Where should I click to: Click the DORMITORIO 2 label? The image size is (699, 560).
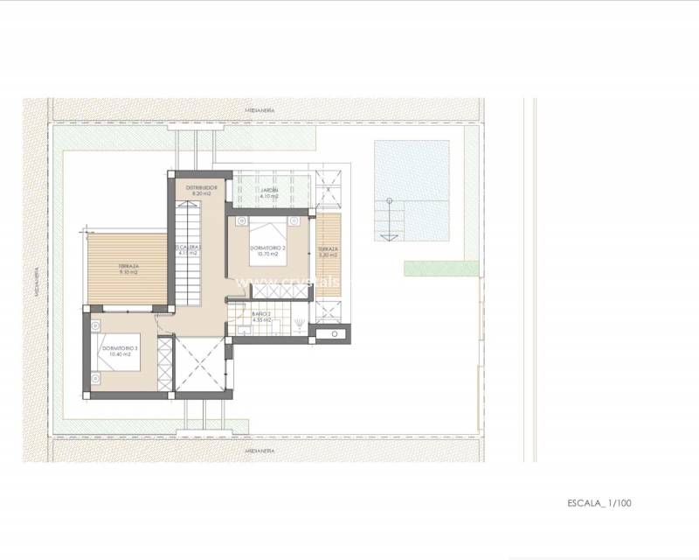[x=267, y=248]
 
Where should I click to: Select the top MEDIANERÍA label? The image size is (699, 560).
[x=260, y=110]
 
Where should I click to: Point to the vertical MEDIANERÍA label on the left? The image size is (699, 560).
[x=38, y=280]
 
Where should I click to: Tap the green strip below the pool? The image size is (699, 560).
[x=441, y=269]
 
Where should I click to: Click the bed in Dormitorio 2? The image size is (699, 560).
[x=268, y=233]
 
